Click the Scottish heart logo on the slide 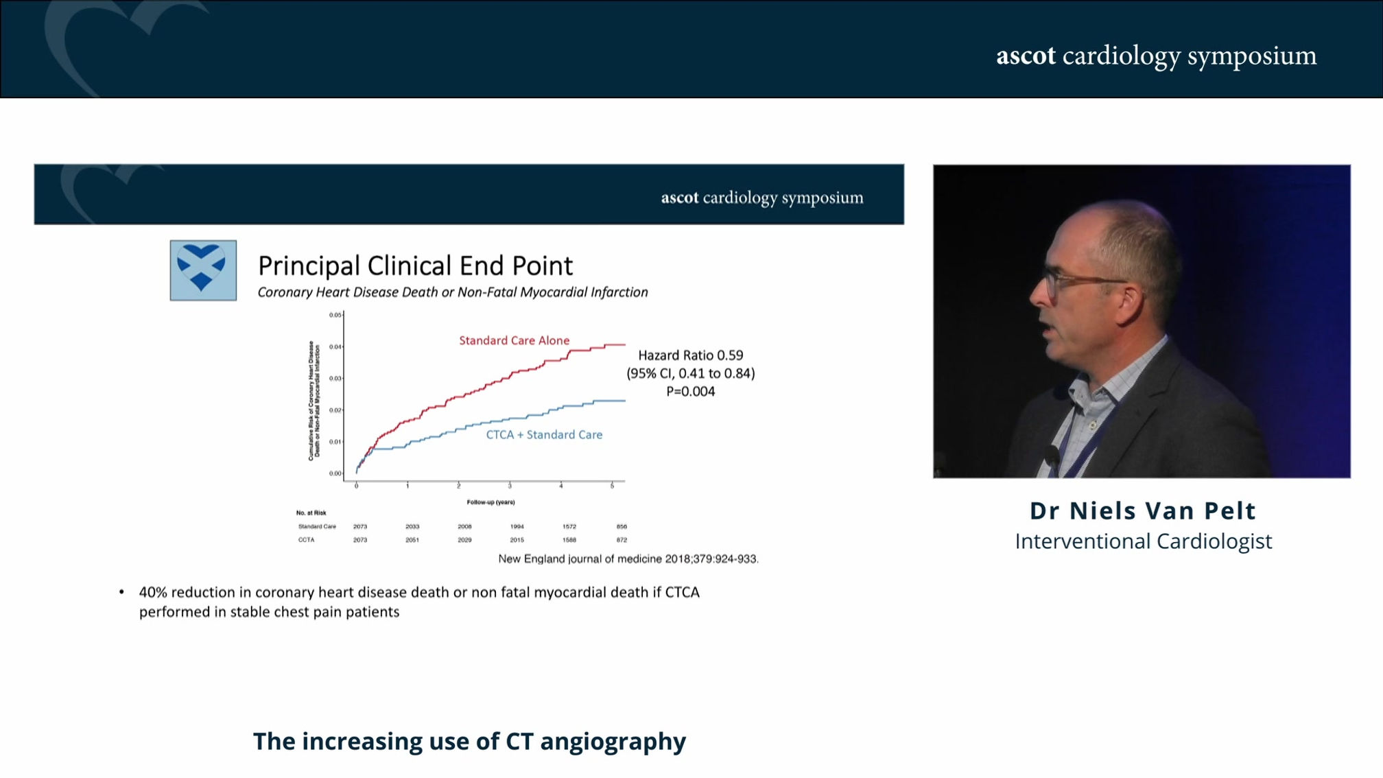point(203,270)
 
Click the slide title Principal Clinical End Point point(415,266)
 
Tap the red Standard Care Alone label point(514,340)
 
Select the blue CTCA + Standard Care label point(544,434)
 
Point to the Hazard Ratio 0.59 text point(690,355)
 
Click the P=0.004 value point(690,391)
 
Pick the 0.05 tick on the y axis point(335,315)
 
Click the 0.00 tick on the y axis point(335,473)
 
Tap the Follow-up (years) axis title point(490,502)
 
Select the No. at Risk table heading point(311,512)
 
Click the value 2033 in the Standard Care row point(412,526)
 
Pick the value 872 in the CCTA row point(622,540)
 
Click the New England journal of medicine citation point(628,559)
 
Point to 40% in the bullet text point(153,592)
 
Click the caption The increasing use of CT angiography point(469,741)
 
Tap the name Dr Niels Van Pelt point(1142,510)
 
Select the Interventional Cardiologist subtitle point(1143,541)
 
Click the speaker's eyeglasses point(1070,281)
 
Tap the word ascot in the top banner point(1026,56)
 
